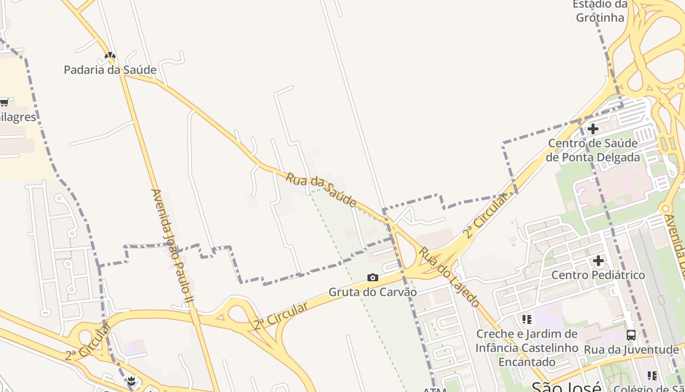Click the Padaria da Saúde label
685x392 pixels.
tap(110, 70)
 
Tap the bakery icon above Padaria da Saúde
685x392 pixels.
tap(110, 56)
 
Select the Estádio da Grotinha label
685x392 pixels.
tap(600, 11)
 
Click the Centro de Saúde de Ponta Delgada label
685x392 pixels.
tap(593, 150)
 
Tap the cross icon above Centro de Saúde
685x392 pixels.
tap(593, 129)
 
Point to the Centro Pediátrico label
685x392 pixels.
tap(598, 275)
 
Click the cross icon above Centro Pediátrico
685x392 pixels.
tap(598, 261)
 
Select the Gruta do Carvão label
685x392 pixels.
tap(372, 292)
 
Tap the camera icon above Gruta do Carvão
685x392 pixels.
tap(373, 278)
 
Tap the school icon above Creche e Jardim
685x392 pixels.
tap(527, 319)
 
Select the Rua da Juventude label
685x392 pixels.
tap(631, 350)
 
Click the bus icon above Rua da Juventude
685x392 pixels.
tap(631, 335)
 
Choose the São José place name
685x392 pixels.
tap(566, 387)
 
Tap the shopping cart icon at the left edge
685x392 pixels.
tap(4, 102)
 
